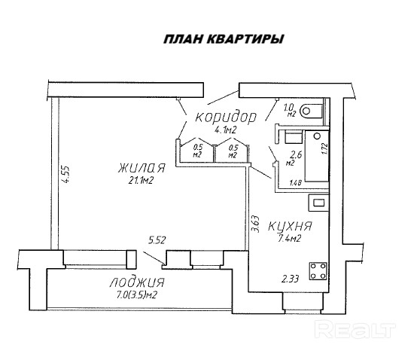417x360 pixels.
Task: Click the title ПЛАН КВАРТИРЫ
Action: (x=224, y=39)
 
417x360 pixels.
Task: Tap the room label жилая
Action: (x=142, y=169)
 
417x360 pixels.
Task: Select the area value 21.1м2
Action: (x=141, y=181)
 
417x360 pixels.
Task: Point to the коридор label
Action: (x=226, y=117)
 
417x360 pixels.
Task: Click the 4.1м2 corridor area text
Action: (x=226, y=130)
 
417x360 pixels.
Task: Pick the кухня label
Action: (x=290, y=226)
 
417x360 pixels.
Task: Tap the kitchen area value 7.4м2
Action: (x=289, y=239)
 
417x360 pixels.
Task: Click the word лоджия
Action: (x=137, y=282)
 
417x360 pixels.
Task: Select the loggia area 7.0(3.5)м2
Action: (x=136, y=295)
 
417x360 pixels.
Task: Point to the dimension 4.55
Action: (x=65, y=175)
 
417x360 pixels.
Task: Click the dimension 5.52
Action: (x=157, y=240)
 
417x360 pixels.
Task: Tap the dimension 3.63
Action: (x=255, y=224)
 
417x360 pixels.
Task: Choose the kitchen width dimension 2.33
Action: (x=290, y=279)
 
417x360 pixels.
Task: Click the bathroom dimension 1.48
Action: (x=296, y=183)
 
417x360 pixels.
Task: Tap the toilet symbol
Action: (x=311, y=111)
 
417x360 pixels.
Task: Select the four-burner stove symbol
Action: (x=318, y=271)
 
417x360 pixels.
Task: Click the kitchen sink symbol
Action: (x=318, y=203)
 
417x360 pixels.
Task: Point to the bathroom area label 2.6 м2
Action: (x=294, y=158)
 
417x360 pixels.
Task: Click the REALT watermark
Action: (x=355, y=329)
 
